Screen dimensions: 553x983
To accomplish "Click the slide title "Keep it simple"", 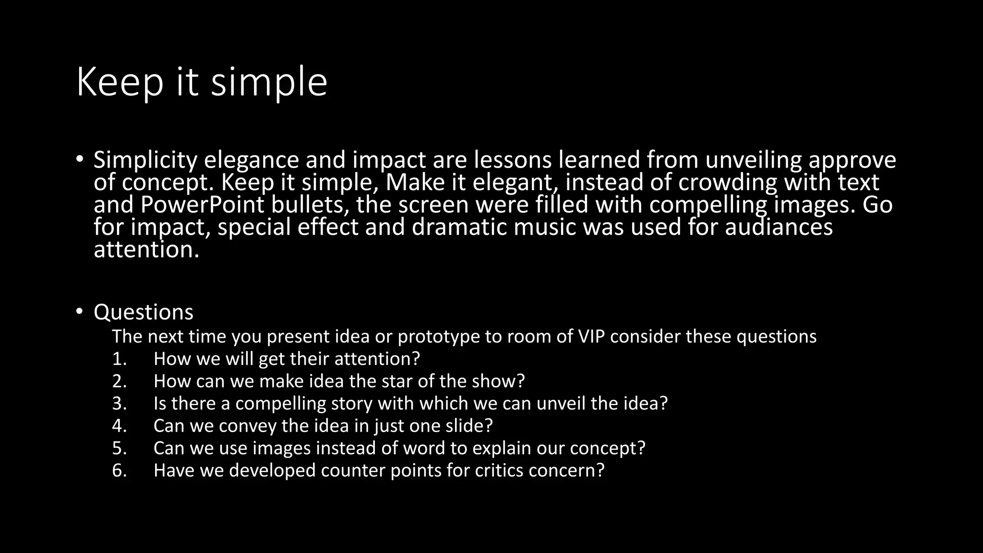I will (202, 83).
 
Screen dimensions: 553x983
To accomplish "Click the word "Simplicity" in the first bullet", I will (145, 160).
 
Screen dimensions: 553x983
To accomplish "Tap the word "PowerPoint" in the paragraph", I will (202, 205).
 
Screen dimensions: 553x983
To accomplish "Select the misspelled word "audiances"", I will (779, 227).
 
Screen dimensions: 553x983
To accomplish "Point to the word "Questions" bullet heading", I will (143, 313).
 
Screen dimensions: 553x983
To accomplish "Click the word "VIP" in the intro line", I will (591, 337).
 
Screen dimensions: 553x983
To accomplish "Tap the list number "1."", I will (120, 359).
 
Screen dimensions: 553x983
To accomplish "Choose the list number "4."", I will (120, 426).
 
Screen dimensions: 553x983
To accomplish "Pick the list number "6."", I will (120, 470).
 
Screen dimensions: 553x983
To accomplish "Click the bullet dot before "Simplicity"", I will (79, 159).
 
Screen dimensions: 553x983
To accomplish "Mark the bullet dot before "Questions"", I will (79, 312).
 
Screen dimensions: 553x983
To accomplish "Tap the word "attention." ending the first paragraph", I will (146, 250).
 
